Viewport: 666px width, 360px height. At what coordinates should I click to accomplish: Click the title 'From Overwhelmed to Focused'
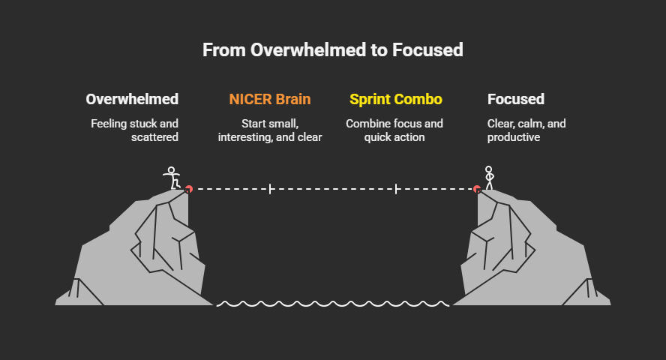[x=333, y=49]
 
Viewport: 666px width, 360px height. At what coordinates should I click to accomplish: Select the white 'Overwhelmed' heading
[x=132, y=99]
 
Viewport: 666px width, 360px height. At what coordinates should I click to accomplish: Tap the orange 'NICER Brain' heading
[x=269, y=99]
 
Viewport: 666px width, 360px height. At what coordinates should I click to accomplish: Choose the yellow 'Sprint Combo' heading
[x=395, y=99]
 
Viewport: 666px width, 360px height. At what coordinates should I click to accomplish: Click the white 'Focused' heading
[x=516, y=99]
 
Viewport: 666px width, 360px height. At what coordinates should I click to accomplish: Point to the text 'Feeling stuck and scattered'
[x=136, y=130]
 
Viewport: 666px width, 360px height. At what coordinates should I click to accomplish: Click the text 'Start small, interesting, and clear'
[x=269, y=130]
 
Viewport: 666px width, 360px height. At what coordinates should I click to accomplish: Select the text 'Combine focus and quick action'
[x=394, y=130]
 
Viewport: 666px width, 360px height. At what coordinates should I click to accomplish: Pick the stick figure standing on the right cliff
[x=490, y=178]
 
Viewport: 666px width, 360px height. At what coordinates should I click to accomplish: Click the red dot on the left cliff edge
[x=189, y=189]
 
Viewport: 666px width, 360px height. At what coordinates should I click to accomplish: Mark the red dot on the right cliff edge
[x=477, y=189]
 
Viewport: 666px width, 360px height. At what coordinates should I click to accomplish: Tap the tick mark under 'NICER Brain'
[x=269, y=189]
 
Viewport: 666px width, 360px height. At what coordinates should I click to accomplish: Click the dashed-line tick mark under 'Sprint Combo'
[x=395, y=189]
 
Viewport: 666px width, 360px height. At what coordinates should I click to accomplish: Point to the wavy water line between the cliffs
[x=333, y=303]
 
